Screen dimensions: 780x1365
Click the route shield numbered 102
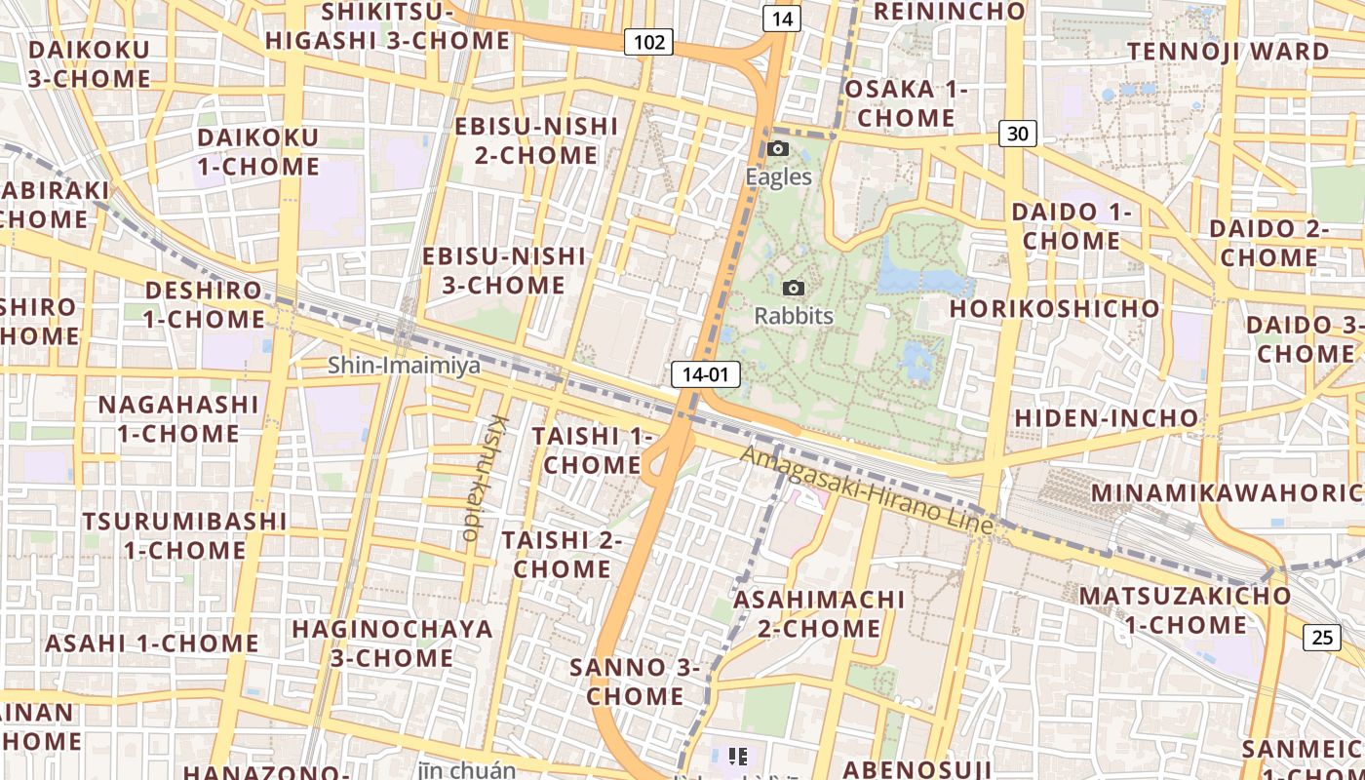coord(648,42)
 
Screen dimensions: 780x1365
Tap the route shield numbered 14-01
coord(706,374)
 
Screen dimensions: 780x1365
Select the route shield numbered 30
coord(1016,134)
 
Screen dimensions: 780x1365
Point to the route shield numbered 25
coord(1321,638)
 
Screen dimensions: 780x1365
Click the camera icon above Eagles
coord(778,149)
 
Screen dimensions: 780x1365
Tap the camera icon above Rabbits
coord(794,289)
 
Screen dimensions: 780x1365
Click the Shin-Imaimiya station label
coord(404,366)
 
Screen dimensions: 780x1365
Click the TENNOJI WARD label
coord(1229,51)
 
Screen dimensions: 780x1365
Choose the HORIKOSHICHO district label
coord(1055,309)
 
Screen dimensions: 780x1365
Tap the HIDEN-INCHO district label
coord(1107,418)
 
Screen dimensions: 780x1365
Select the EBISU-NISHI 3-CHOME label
coord(504,271)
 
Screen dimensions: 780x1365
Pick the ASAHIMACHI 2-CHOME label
coord(819,613)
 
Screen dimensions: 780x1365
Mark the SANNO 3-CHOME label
coord(635,682)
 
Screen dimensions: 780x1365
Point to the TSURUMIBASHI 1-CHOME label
coord(184,535)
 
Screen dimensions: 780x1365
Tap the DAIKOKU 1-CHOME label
coord(258,151)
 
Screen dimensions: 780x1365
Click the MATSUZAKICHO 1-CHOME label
coord(1185,609)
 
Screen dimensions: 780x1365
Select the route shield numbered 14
coord(782,18)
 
